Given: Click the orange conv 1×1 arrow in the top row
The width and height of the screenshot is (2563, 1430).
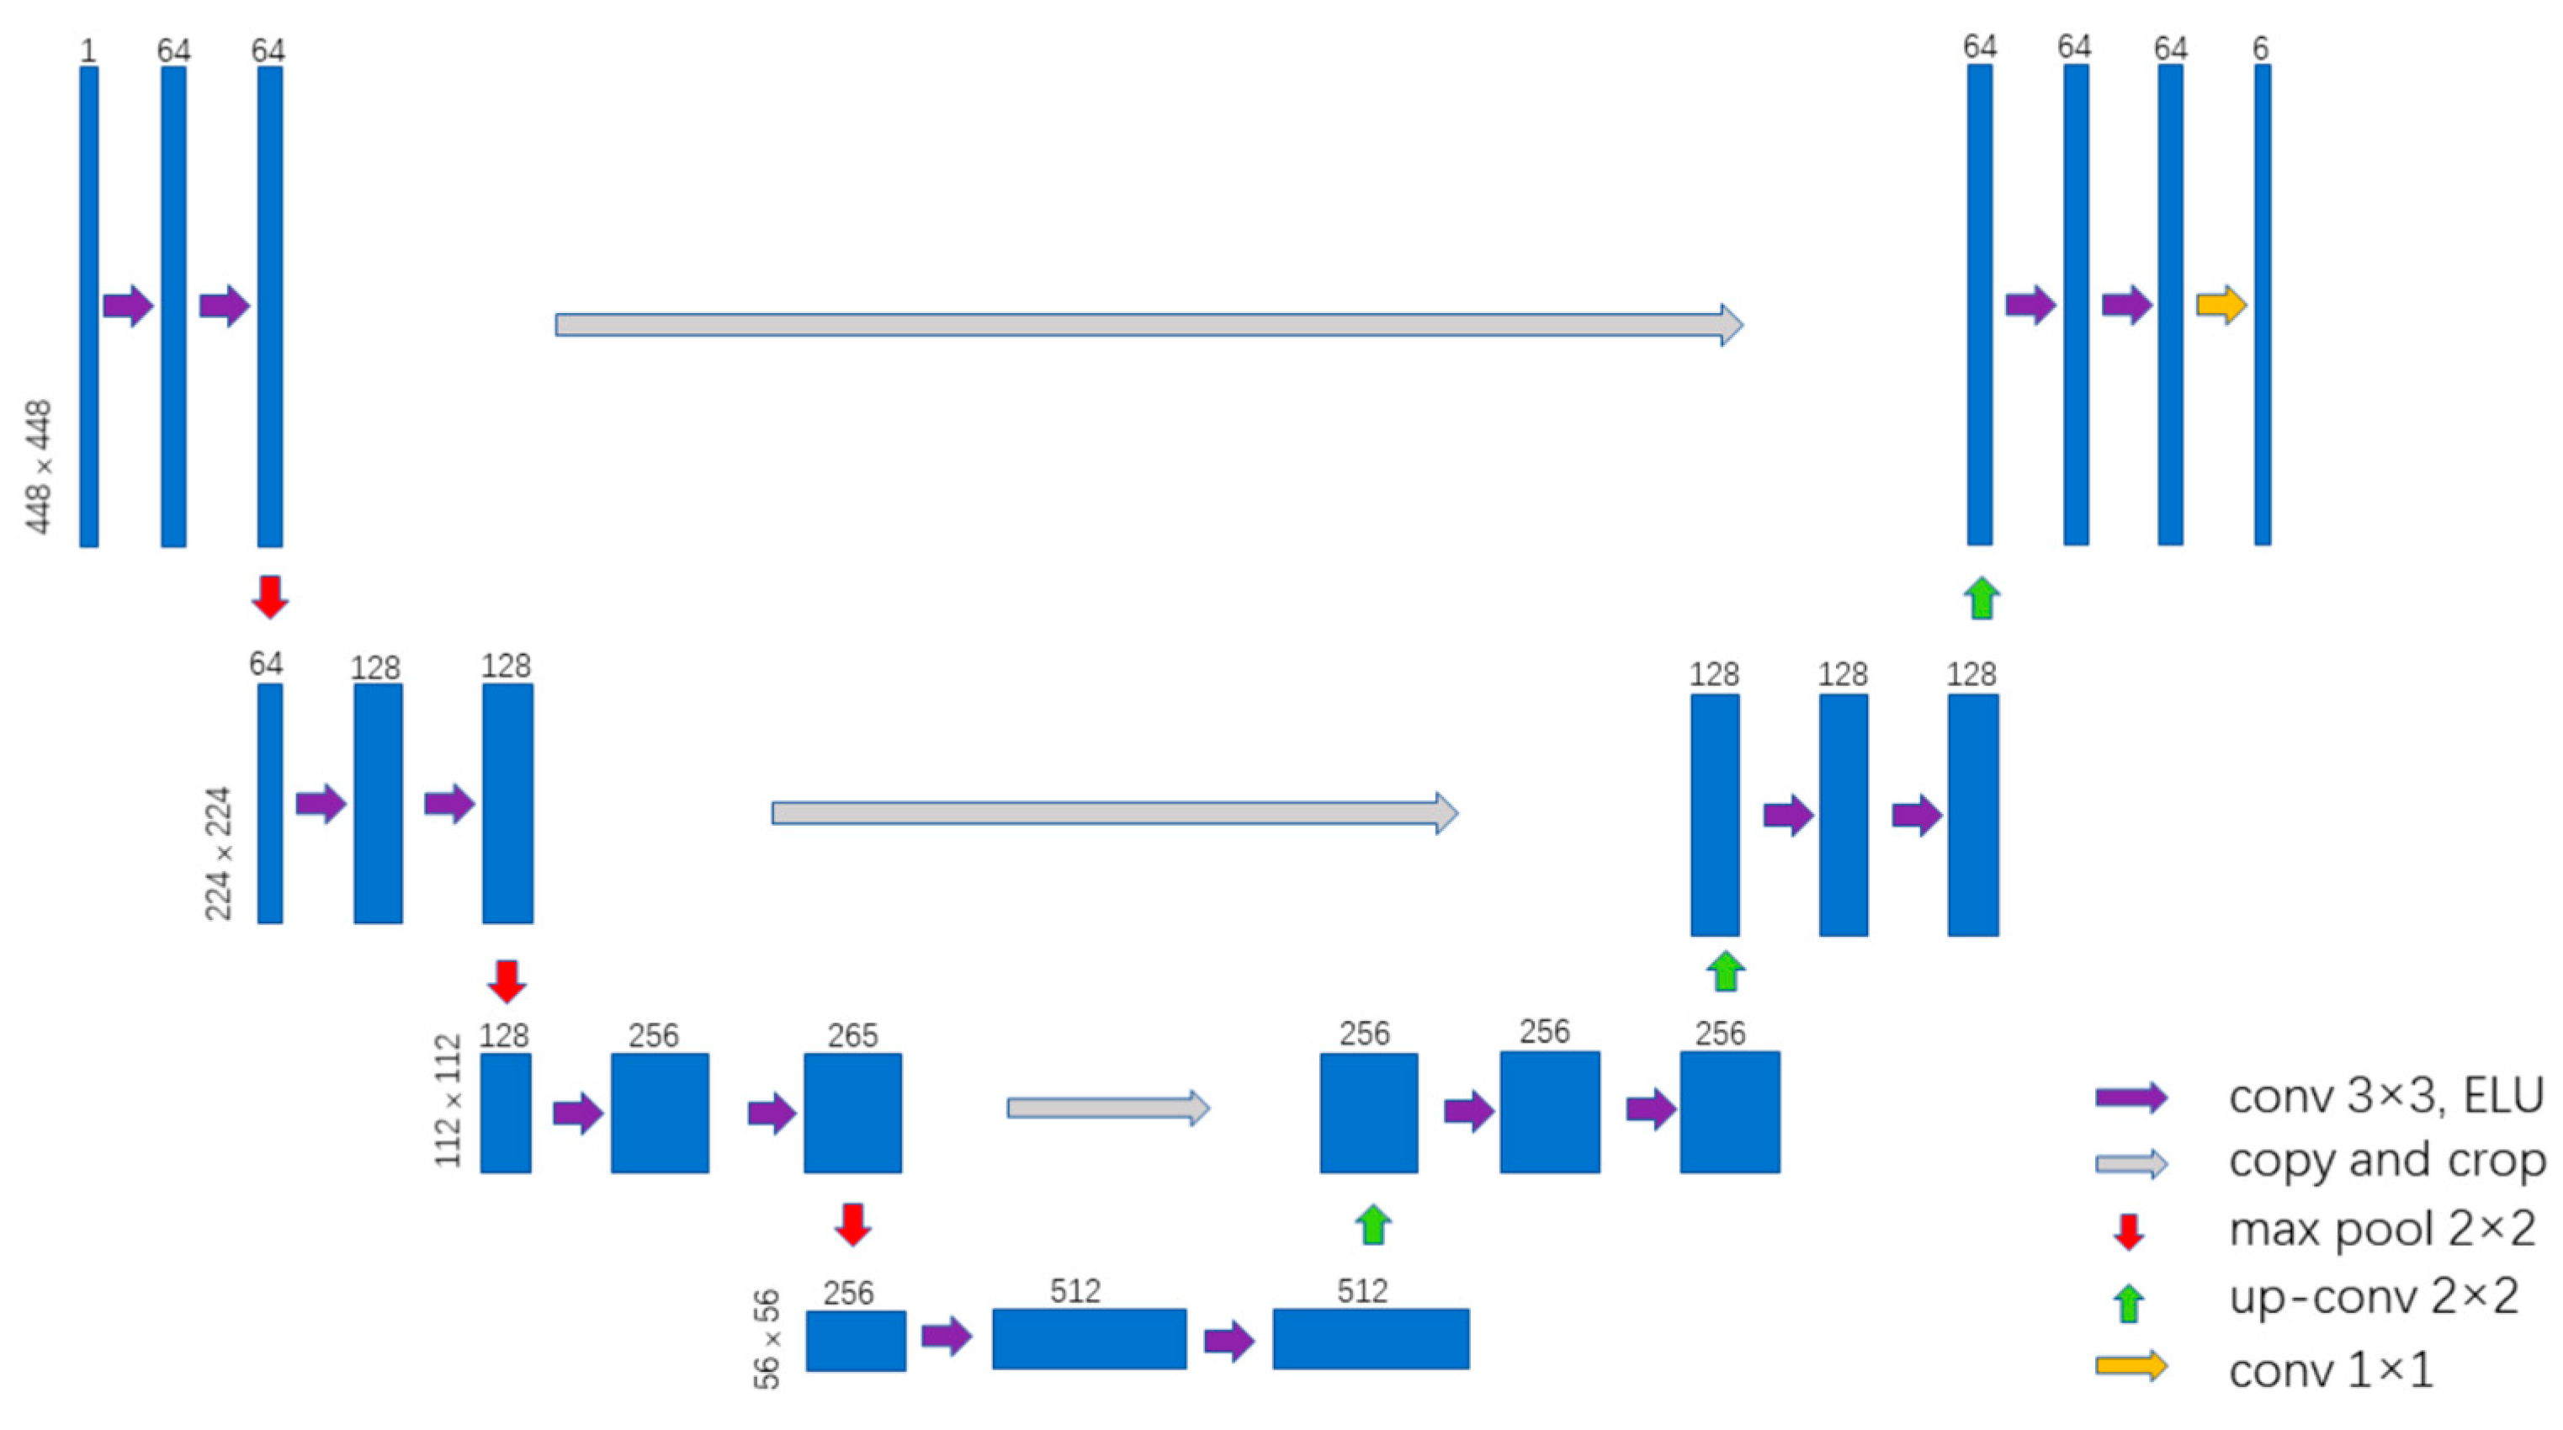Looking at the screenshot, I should (2221, 305).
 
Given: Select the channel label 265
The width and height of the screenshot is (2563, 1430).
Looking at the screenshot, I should (852, 1036).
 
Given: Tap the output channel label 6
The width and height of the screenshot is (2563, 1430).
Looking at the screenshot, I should (2261, 48).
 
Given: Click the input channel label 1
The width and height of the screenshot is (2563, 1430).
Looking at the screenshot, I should (88, 50).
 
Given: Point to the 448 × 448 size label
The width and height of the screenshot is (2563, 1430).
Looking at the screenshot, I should (39, 467).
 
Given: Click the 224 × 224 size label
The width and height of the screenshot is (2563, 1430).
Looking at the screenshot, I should (218, 853).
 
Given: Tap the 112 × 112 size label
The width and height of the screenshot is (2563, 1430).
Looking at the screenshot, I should (448, 1101).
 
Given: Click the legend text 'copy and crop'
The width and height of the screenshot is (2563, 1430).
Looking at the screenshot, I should (2387, 1162).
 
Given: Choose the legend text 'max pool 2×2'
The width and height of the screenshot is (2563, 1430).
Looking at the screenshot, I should (2382, 1229).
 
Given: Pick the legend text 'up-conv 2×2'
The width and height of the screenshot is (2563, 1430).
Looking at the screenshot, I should (2374, 1297).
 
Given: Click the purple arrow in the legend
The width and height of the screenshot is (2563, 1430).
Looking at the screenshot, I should (2131, 1097).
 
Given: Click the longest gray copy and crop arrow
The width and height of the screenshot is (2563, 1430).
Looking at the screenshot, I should (1149, 324).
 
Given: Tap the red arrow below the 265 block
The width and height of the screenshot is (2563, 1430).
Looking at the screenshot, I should (852, 1224).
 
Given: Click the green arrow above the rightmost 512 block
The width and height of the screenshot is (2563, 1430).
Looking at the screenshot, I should (1373, 1224).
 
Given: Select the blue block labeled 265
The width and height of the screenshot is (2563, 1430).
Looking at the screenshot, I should (852, 1113).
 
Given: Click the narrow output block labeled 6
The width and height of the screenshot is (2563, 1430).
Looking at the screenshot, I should (2263, 305).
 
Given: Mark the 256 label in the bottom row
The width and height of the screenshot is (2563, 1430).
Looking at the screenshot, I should (849, 1293).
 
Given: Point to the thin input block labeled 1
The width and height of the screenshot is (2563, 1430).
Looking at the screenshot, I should (89, 306).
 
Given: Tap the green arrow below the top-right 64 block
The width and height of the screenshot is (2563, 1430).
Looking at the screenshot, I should (1981, 598).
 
